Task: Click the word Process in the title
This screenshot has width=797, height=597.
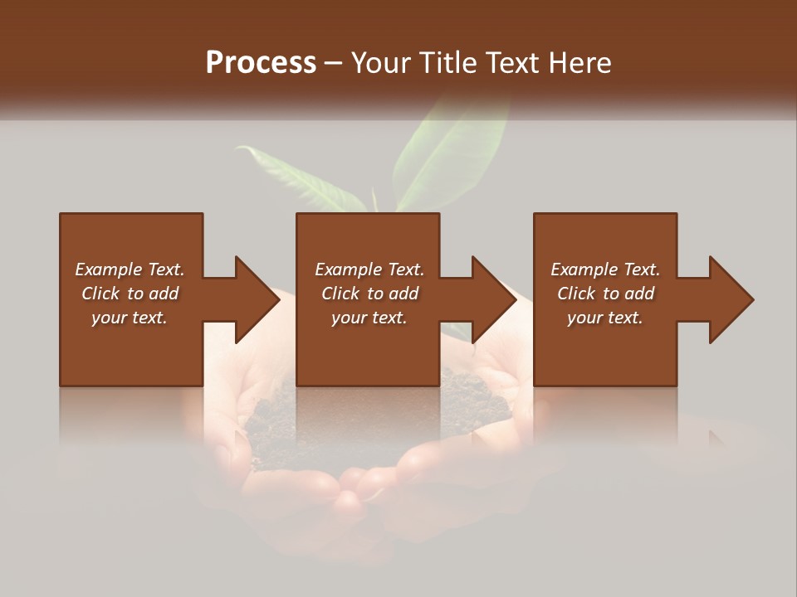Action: (x=261, y=63)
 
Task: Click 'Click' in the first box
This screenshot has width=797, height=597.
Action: (x=101, y=294)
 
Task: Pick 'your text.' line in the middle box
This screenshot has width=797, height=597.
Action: (x=369, y=318)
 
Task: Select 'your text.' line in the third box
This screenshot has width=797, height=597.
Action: (x=604, y=318)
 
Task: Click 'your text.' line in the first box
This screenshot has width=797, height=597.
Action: (x=129, y=318)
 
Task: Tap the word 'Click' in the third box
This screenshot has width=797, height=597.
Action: (x=577, y=294)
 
